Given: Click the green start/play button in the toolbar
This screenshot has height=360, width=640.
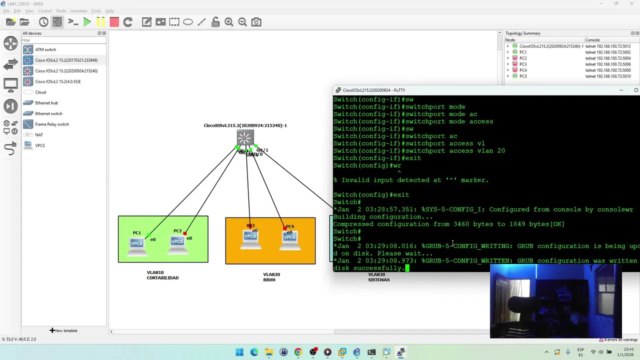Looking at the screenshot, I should pyautogui.click(x=87, y=22).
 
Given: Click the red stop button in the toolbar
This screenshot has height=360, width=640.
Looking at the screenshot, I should pyautogui.click(x=114, y=22).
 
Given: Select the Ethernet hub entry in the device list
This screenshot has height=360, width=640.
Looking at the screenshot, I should pyautogui.click(x=46, y=103).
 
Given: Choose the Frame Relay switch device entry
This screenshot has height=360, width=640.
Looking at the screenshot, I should pyautogui.click(x=51, y=124).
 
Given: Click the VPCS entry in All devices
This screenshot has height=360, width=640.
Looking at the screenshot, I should pyautogui.click(x=39, y=145).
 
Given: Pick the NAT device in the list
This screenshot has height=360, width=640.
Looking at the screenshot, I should pyautogui.click(x=38, y=135).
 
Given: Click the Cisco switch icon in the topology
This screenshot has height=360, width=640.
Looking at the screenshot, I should pyautogui.click(x=245, y=138).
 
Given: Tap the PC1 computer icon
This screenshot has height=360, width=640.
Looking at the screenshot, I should pyautogui.click(x=136, y=243).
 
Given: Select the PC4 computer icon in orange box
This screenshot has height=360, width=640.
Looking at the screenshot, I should pyautogui.click(x=289, y=237).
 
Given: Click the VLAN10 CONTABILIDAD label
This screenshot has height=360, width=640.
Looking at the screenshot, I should pyautogui.click(x=162, y=275).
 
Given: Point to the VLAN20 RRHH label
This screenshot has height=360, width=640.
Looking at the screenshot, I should pyautogui.click(x=269, y=277).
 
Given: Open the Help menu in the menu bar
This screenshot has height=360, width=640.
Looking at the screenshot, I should pyautogui.click(x=109, y=11).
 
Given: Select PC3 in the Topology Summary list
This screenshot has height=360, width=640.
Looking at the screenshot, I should pyautogui.click(x=523, y=64).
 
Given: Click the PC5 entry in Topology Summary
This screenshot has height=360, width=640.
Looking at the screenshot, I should pyautogui.click(x=523, y=76).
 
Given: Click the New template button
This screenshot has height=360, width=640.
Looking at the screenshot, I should pyautogui.click(x=63, y=330).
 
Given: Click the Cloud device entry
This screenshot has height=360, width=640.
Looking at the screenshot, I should pyautogui.click(x=40, y=92).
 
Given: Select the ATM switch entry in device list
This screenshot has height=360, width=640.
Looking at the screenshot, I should pyautogui.click(x=45, y=49).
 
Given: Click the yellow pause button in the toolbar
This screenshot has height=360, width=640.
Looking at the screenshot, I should pyautogui.click(x=100, y=22).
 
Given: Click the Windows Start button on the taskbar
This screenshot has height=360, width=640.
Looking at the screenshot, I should pyautogui.click(x=239, y=352).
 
